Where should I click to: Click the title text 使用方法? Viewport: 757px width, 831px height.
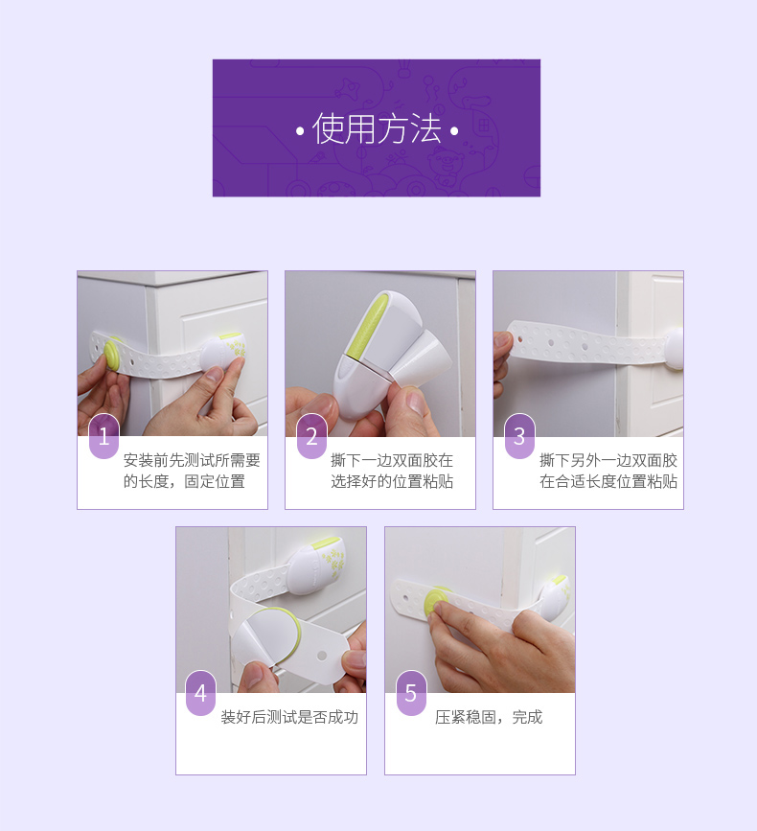coord(377,128)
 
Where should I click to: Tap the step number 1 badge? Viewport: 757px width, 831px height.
coord(103,436)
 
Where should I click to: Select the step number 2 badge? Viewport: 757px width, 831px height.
coord(311,436)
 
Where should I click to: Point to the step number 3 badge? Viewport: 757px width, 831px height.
coord(519,436)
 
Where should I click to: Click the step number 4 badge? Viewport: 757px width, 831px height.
coord(200,693)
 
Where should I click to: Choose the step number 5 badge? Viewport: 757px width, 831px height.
coord(410,693)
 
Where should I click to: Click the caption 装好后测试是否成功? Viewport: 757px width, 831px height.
coord(289,717)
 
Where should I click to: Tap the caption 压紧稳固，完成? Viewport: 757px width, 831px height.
coord(489,717)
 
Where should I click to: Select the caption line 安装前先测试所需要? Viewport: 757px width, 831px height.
coord(192,460)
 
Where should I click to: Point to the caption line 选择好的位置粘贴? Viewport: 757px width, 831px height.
coord(392,481)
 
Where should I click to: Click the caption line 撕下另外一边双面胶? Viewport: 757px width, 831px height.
coord(608,460)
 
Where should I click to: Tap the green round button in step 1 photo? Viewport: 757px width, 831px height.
coord(113,353)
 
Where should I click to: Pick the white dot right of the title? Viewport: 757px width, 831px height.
coord(454,130)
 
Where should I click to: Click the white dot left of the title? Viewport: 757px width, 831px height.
coord(300,130)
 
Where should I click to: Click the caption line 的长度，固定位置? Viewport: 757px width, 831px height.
coord(184,481)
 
